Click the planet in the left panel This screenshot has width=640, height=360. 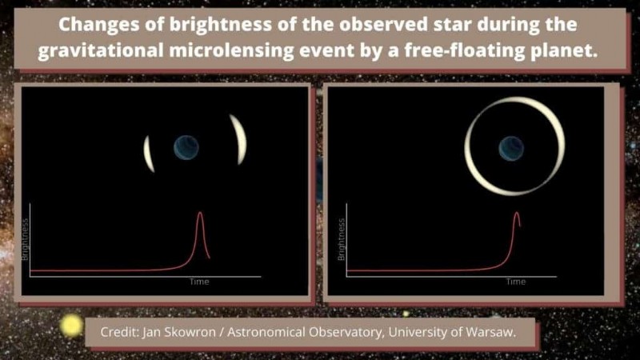[186, 147]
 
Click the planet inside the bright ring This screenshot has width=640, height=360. [511, 148]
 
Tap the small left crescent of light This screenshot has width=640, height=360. [148, 154]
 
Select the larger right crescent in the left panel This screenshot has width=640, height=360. [239, 139]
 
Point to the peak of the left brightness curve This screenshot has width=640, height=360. [200, 212]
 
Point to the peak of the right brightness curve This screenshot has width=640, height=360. [517, 212]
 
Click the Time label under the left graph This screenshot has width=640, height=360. [199, 282]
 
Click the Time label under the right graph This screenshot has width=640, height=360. [516, 282]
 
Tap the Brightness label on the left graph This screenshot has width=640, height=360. [25, 239]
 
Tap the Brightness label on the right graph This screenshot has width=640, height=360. [342, 239]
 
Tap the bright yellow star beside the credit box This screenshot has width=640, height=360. [71, 326]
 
